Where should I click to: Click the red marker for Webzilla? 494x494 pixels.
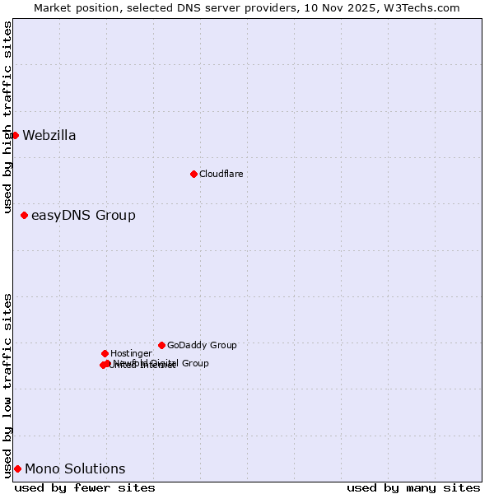point(15,135)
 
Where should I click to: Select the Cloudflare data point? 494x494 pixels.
point(193,174)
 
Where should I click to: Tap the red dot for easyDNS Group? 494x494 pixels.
point(24,215)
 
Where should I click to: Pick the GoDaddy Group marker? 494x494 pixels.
point(161,345)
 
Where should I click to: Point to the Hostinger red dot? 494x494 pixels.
point(105,353)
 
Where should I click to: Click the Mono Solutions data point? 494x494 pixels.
point(17,468)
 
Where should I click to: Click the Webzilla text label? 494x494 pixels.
point(49,136)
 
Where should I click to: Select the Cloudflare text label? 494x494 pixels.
point(221,175)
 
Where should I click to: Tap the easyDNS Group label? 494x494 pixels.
point(83,216)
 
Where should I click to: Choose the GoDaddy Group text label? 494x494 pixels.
point(202,346)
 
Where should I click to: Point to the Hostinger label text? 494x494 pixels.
point(131,354)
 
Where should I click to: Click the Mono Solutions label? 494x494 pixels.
point(75,469)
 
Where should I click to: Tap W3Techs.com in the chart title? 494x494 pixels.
point(419,7)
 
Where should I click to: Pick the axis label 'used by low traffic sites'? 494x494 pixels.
point(7,384)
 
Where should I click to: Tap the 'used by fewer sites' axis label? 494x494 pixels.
point(85,487)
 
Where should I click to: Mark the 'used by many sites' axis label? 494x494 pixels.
point(413,487)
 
